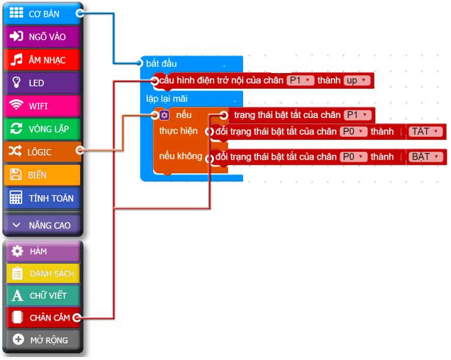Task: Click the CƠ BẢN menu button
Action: coord(42,14)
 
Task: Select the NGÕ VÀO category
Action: coord(42,37)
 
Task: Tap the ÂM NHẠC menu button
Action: coord(42,60)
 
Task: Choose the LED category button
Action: coord(42,83)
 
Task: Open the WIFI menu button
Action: coord(42,106)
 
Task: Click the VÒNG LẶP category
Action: coord(42,129)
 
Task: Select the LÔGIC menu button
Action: coord(42,152)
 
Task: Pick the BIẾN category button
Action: coord(42,175)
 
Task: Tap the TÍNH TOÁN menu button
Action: coord(42,198)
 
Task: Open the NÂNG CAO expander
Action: coord(42,225)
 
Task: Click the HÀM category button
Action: coord(42,251)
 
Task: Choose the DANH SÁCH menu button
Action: coord(42,274)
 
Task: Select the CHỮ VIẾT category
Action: coord(42,295)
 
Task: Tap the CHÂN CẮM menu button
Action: coord(42,317)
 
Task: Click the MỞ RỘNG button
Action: coord(42,340)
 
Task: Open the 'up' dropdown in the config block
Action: coord(355,81)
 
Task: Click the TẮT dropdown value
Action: coord(424,131)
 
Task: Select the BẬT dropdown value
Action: coord(424,157)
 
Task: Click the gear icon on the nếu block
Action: coord(164,115)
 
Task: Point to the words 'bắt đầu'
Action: coord(161,63)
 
